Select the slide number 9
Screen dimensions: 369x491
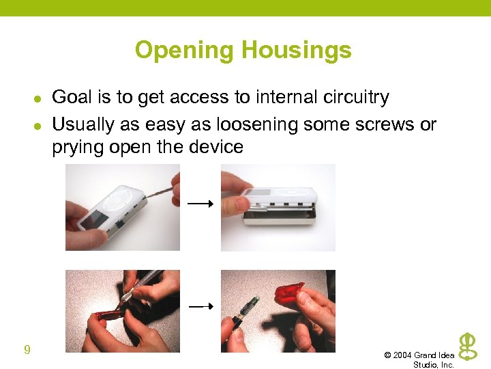[x=27, y=351]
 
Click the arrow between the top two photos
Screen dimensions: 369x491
[x=201, y=203]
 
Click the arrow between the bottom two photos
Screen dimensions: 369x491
[x=201, y=307]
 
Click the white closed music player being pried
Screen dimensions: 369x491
[x=109, y=208]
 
